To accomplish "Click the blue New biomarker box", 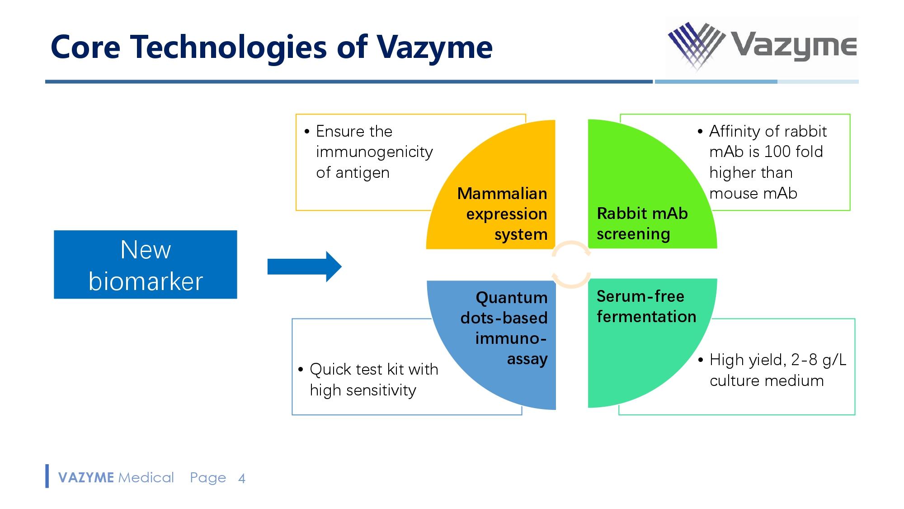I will point(145,265).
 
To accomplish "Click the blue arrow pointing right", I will point(304,266).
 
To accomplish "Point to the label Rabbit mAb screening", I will point(641,224).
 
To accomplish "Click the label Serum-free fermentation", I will point(646,306).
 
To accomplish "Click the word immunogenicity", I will point(374,152).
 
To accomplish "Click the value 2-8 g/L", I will point(819,360).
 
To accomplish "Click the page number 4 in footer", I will point(242,479).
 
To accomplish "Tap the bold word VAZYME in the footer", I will point(86,478).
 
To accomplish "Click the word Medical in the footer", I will point(146,478).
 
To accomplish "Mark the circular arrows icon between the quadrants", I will point(571,264).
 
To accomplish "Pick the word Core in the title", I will point(85,47).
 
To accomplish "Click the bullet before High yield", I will point(701,360).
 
